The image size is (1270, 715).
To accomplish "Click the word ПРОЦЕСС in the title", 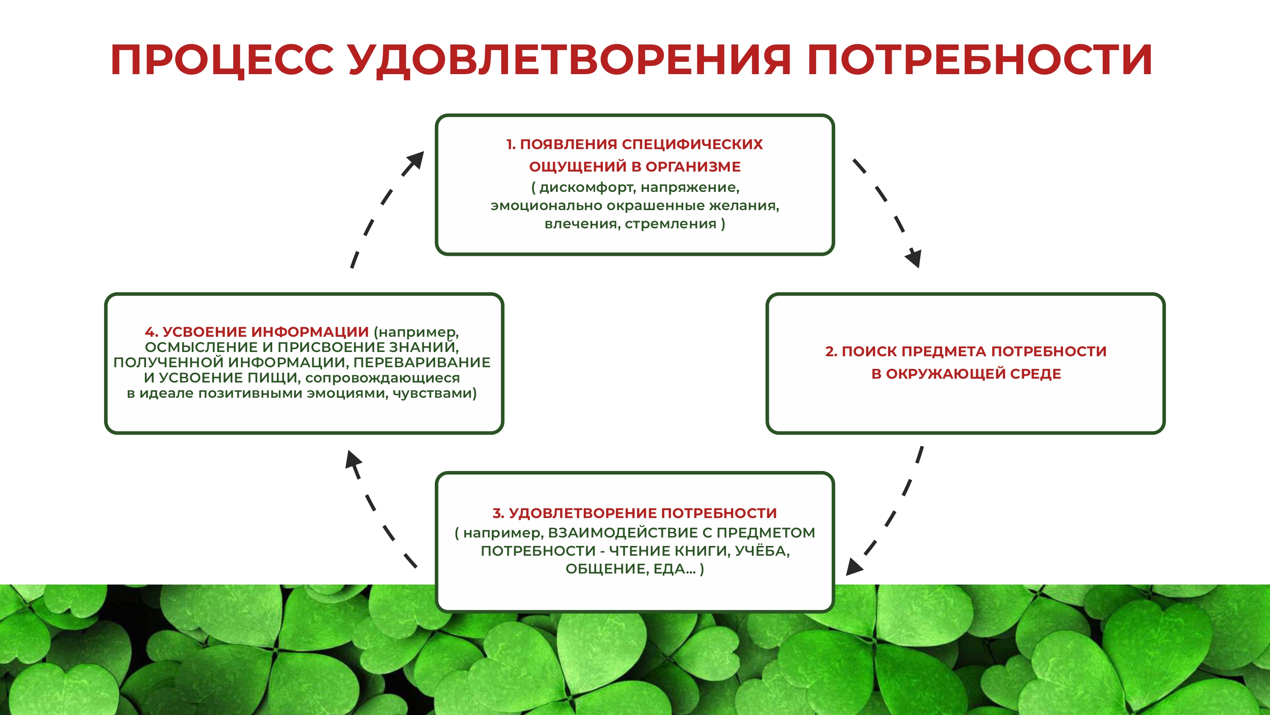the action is [x=222, y=60].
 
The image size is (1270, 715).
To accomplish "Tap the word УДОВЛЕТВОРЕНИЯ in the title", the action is [x=570, y=60].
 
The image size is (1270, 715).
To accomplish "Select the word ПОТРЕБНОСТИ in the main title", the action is [x=980, y=60].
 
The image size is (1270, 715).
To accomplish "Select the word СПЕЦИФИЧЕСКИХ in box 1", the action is [x=692, y=144].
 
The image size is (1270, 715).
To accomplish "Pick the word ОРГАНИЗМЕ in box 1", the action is [x=693, y=167].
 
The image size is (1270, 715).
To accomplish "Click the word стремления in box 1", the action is [x=671, y=224].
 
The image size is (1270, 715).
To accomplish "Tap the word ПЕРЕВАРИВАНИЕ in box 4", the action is [x=422, y=363].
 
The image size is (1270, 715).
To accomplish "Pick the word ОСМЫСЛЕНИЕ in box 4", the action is [x=201, y=347].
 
